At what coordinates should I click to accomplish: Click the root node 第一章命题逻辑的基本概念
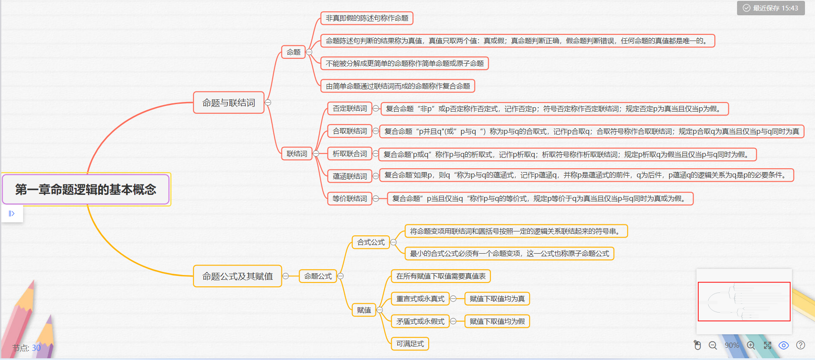tap(86, 189)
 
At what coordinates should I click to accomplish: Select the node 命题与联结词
tap(229, 103)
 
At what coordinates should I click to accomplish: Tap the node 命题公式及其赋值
tap(237, 276)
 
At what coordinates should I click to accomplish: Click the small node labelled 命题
tap(293, 52)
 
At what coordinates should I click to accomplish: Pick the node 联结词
tap(297, 154)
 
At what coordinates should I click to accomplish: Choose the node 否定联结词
tap(349, 109)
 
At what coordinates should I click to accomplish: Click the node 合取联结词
tap(349, 131)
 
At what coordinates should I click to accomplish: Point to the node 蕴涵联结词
tap(349, 176)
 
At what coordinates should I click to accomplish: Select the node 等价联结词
tap(349, 199)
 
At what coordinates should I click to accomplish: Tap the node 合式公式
tap(371, 242)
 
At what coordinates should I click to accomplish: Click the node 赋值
tap(364, 310)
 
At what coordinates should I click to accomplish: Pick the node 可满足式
tap(410, 344)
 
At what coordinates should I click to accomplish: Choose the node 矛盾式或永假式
tap(420, 322)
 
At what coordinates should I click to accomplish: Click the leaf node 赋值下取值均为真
tap(497, 299)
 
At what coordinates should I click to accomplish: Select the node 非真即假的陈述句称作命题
tap(367, 18)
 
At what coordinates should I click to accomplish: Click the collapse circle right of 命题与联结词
tap(268, 103)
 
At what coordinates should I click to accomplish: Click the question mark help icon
tap(801, 345)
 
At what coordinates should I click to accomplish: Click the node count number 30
tap(36, 348)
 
